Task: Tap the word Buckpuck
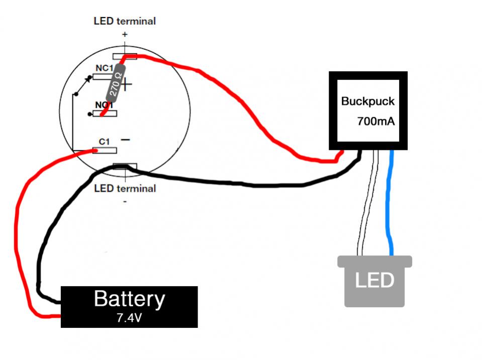point(367,101)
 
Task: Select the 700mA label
point(375,121)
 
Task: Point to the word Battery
point(129,299)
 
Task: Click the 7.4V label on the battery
point(129,318)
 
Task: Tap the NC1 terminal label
point(104,68)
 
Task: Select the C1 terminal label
point(104,141)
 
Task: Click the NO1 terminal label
point(104,105)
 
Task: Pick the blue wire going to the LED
point(389,201)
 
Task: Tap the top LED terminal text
point(125,21)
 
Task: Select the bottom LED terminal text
point(125,189)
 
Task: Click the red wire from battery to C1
point(20,226)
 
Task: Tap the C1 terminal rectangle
point(105,150)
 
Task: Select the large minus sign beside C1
point(126,140)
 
